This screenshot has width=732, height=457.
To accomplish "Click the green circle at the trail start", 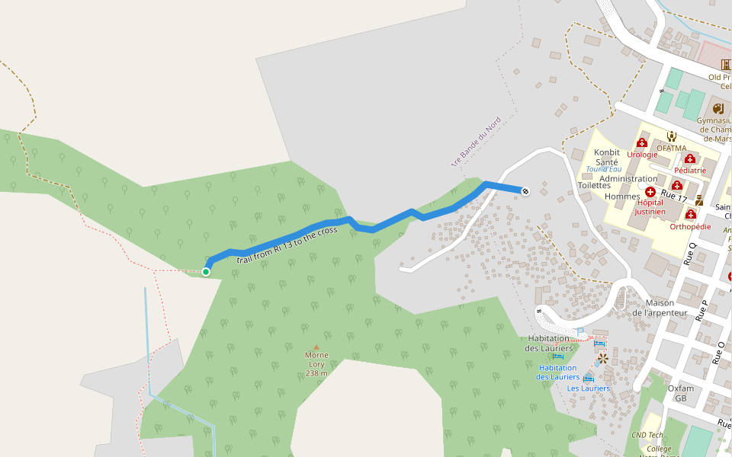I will (206, 271).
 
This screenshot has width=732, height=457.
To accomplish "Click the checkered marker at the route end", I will (525, 190).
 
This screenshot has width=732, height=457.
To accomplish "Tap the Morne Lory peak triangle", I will (316, 347).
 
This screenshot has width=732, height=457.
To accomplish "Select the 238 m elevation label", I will (316, 373).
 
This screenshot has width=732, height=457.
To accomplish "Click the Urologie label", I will (642, 155).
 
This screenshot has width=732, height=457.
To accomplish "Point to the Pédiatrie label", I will (690, 171).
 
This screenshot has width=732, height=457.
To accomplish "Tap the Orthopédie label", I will (690, 226).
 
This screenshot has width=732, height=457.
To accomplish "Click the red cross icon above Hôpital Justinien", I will (650, 193).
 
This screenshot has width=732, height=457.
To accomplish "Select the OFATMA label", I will (671, 149).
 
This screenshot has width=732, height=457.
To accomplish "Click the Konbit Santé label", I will (607, 158).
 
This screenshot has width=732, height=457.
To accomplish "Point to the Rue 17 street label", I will (674, 197).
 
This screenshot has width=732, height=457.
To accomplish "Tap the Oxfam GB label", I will (681, 393).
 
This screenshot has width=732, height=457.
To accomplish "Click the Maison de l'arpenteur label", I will (660, 308).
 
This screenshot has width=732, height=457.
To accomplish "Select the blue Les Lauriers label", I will (588, 388).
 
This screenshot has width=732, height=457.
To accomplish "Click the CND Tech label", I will (647, 435).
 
